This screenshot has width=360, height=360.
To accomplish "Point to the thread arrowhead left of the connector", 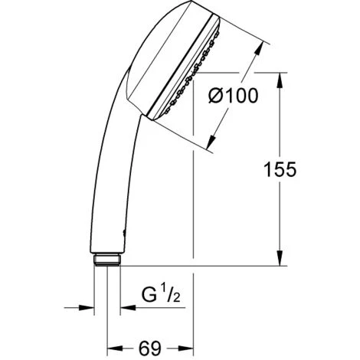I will (87, 309).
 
